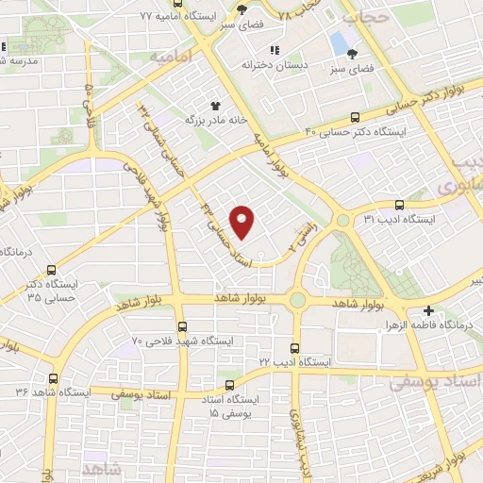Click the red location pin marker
[x=243, y=223]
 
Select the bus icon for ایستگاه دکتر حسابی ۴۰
[x=355, y=117]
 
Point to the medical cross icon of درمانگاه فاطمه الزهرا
[x=429, y=309]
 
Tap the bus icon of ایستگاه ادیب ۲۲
[x=295, y=347]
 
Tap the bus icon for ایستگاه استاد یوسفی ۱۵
[x=230, y=384]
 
